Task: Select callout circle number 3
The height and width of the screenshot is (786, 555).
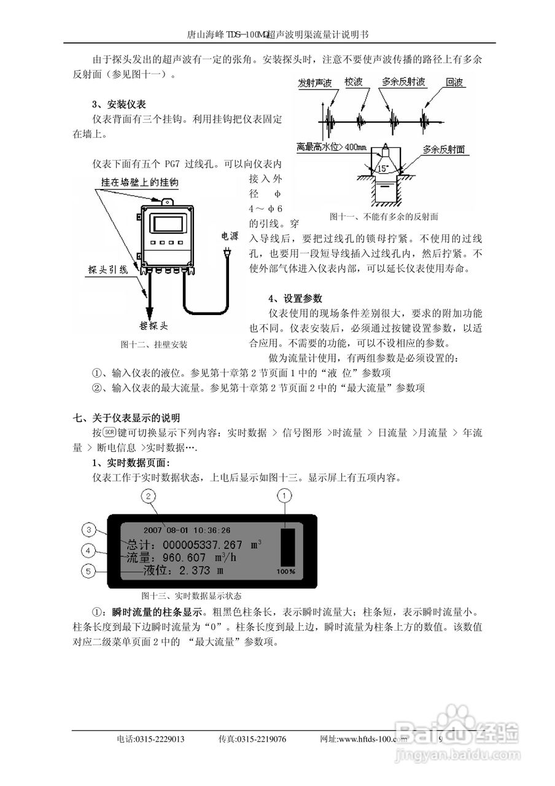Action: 90,529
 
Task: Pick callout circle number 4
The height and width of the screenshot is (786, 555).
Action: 90,550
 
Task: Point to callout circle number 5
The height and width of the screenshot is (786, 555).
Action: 90,570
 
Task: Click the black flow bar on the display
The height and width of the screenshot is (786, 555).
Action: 286,545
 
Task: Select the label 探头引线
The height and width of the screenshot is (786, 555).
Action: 107,270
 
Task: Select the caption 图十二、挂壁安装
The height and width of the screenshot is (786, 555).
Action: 154,345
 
